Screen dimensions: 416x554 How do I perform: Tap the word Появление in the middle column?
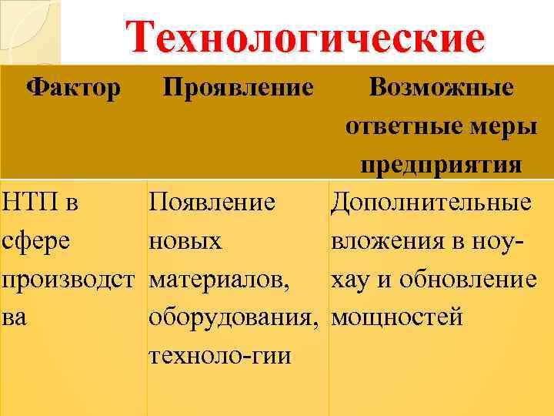click(212, 203)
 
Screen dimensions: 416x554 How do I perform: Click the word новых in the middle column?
click(185, 241)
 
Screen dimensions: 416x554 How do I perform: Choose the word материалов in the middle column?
click(220, 280)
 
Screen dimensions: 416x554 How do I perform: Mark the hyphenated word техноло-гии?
click(220, 356)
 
